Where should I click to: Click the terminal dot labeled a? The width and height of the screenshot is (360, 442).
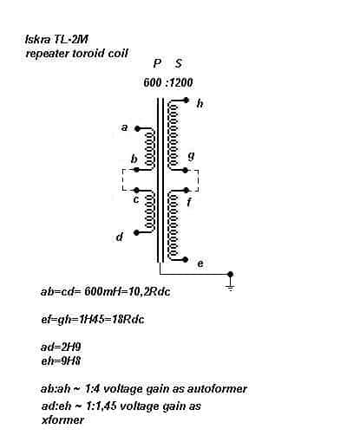click(x=137, y=129)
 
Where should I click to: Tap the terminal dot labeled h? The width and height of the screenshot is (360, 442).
click(x=187, y=101)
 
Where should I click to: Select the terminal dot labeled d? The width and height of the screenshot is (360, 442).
click(x=137, y=232)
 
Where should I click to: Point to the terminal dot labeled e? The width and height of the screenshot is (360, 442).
click(x=186, y=259)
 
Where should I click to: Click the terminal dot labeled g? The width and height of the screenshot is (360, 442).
click(x=186, y=171)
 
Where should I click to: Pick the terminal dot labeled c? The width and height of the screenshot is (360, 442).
click(x=137, y=190)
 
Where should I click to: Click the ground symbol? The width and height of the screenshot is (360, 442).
click(x=230, y=287)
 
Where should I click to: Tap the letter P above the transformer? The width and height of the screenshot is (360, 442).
click(x=157, y=63)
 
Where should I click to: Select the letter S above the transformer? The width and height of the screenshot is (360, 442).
click(x=179, y=63)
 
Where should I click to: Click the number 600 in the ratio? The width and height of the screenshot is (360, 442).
click(x=152, y=82)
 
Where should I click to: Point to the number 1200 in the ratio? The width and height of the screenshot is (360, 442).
click(x=180, y=82)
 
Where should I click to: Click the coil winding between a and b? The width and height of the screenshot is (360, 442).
click(x=149, y=149)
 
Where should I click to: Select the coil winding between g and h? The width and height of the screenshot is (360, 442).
click(x=173, y=135)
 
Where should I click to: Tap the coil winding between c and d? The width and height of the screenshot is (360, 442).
click(x=149, y=211)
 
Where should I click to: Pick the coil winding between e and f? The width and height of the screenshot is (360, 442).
click(x=173, y=225)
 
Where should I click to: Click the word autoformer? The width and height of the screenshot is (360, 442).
click(x=217, y=389)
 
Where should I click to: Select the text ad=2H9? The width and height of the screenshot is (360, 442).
click(x=61, y=347)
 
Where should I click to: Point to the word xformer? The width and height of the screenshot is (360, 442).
click(x=62, y=419)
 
